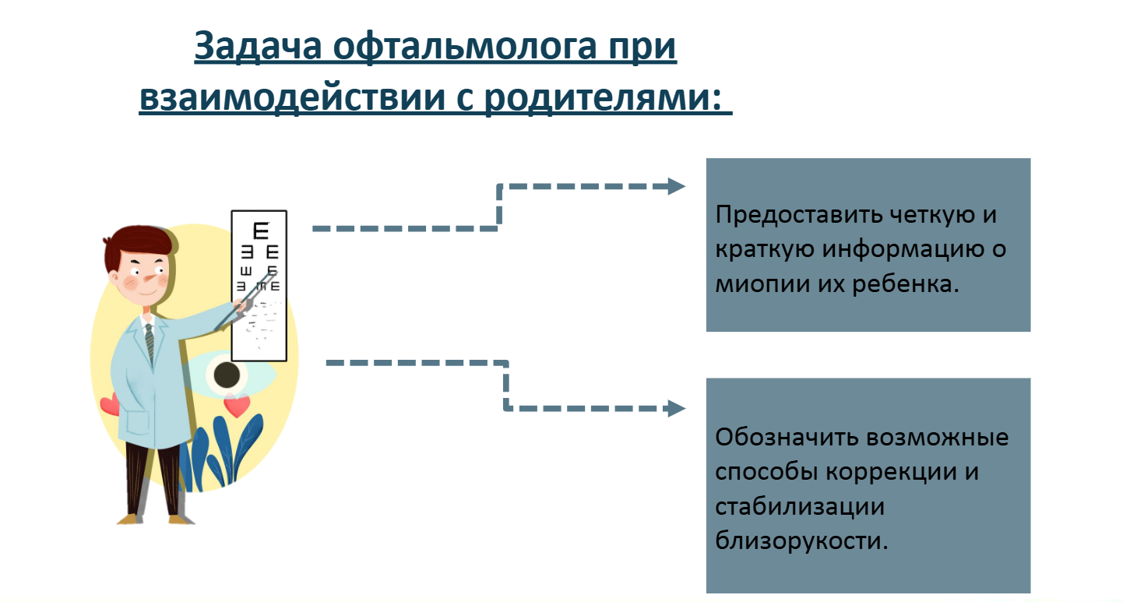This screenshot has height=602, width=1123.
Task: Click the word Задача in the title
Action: tap(258, 47)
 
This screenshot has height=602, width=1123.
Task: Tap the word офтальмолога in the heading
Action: tap(465, 47)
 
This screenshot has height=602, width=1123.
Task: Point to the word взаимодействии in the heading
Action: tap(292, 97)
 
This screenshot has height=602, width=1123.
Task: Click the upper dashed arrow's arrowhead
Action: tap(676, 186)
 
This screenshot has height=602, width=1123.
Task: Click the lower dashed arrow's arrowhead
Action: tap(676, 409)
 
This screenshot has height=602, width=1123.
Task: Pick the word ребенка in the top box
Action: tap(906, 283)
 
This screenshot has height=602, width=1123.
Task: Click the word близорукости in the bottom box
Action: tap(801, 540)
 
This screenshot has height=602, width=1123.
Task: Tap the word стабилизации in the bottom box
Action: tap(800, 507)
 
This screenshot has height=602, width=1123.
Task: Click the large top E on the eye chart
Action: tap(261, 231)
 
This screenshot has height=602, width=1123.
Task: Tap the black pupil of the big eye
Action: tap(227, 375)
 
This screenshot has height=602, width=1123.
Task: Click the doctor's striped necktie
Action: tap(150, 344)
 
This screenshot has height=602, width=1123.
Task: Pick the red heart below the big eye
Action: tap(237, 405)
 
